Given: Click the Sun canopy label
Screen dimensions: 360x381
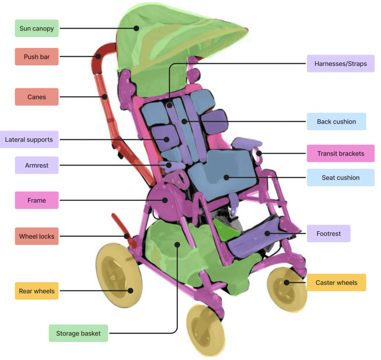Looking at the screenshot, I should (37, 28).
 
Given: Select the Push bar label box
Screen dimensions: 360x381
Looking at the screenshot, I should (37, 57).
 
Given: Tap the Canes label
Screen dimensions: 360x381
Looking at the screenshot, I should (37, 97).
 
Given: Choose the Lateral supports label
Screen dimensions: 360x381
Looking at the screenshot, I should (29, 139).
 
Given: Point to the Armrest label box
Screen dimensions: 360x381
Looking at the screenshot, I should (37, 165).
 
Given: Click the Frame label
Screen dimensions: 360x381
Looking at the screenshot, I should (37, 200).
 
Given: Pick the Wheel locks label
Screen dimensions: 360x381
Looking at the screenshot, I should (37, 236).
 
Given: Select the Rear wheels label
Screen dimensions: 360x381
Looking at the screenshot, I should (37, 291).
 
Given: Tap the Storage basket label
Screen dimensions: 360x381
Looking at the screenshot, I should (78, 333).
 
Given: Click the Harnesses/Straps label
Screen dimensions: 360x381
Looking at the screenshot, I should (340, 64).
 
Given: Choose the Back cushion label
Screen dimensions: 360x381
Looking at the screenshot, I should (336, 121).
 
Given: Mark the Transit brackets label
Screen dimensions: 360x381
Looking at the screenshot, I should (340, 153).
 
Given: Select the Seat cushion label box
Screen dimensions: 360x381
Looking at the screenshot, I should (340, 177).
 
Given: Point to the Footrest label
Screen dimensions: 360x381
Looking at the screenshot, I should (328, 233).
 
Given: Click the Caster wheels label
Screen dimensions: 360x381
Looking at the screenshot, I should (336, 282).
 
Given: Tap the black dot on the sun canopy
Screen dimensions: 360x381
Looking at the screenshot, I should (136, 28).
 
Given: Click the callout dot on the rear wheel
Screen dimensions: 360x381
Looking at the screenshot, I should (130, 290).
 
